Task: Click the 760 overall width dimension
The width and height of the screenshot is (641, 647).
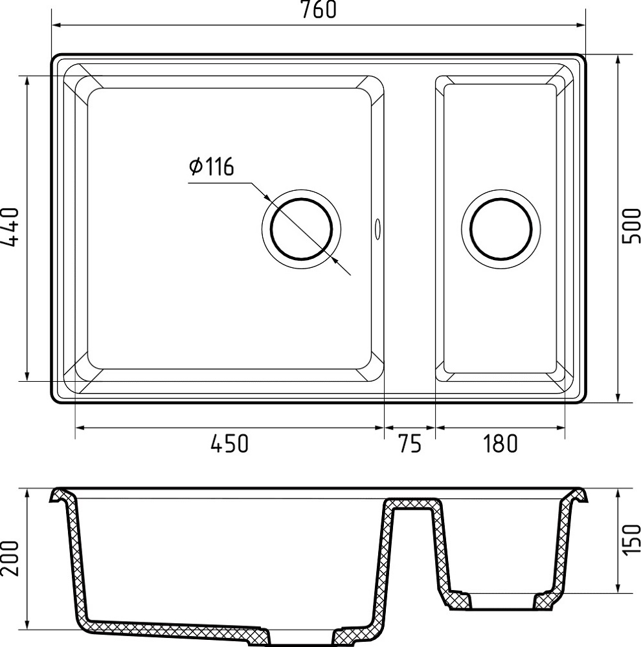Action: tap(319, 10)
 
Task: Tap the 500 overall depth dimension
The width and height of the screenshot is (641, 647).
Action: tap(631, 226)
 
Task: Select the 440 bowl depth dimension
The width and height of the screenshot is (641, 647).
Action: tap(10, 227)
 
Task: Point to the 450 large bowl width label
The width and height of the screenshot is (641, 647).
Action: tap(230, 444)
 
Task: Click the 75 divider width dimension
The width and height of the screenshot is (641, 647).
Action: tap(410, 444)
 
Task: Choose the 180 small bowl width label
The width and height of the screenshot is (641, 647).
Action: tap(500, 444)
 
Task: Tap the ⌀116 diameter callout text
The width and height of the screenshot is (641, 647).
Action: tap(212, 167)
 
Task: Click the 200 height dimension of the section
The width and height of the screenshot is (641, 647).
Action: tap(10, 558)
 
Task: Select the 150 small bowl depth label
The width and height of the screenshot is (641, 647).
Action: tap(631, 540)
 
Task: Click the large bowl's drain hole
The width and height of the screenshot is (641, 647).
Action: tap(302, 229)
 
